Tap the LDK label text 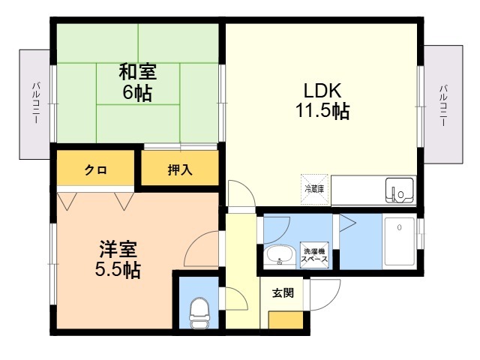(322, 91)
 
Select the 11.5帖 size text (322, 112)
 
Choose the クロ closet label (95, 170)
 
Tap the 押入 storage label (180, 169)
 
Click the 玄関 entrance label (283, 292)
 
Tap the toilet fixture (199, 311)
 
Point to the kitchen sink (398, 190)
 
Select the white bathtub (401, 241)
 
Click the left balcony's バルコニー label (36, 104)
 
